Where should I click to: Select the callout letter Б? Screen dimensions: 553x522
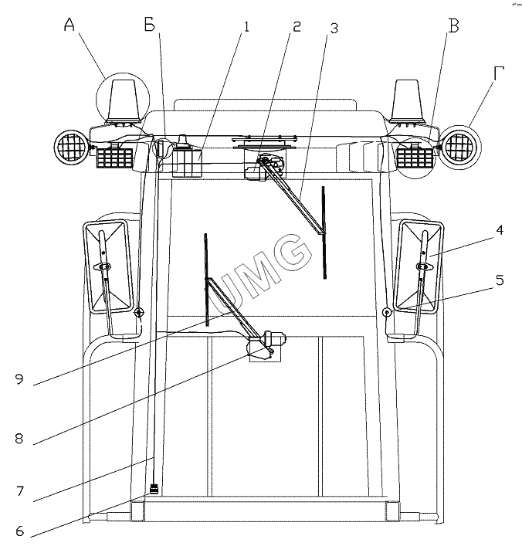[150, 25]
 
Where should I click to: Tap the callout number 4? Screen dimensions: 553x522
[500, 229]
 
